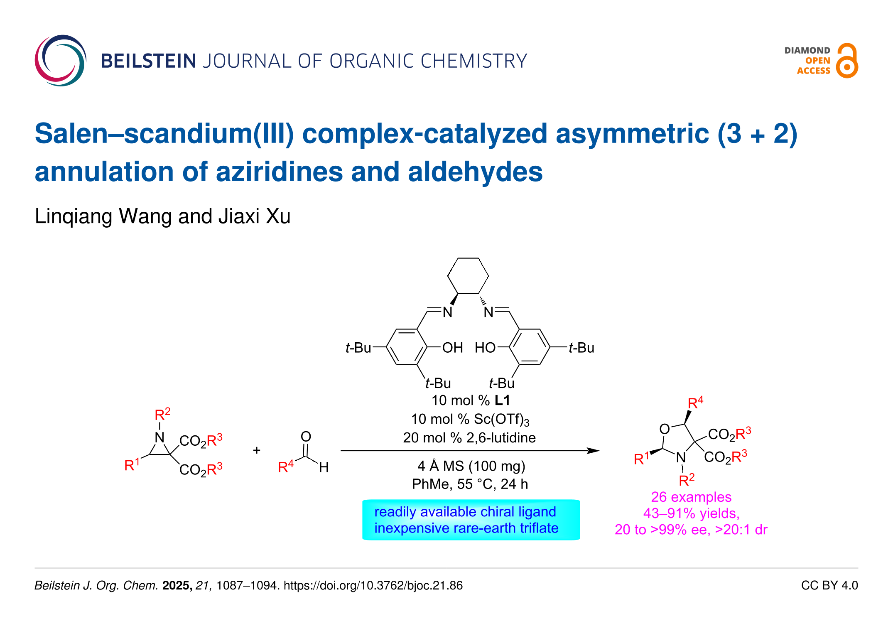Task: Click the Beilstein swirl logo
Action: click(61, 61)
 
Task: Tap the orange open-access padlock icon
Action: click(846, 61)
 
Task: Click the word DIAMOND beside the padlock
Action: click(807, 51)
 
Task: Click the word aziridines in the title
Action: click(279, 172)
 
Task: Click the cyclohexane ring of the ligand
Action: click(468, 276)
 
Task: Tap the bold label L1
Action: click(502, 400)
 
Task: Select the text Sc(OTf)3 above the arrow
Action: click(501, 420)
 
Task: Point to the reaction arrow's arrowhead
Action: click(594, 451)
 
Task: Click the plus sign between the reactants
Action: click(257, 450)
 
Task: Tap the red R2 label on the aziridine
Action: click(162, 414)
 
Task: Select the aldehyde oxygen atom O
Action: click(306, 437)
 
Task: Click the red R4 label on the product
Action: click(695, 403)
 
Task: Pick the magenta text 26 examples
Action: click(691, 497)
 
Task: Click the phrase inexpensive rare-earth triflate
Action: click(466, 528)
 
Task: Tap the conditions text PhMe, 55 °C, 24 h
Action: click(470, 484)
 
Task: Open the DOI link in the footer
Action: click(373, 586)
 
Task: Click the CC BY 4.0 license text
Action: click(829, 586)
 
